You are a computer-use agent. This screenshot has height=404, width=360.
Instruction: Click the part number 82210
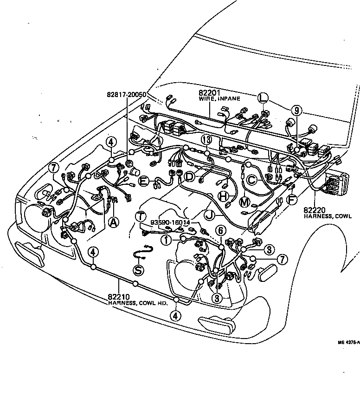pos(118,297)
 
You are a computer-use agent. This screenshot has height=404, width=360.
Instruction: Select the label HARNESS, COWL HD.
pos(137,303)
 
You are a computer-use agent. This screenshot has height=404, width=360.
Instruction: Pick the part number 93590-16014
pos(170,223)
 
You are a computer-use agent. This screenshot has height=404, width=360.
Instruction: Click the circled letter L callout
pos(263,98)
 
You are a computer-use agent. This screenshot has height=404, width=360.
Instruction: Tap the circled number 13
pos(206,141)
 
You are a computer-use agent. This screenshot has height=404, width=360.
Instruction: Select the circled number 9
pos(296,110)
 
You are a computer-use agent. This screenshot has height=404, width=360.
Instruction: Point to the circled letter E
pos(144,182)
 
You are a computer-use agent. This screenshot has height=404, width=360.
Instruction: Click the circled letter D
pos(189,176)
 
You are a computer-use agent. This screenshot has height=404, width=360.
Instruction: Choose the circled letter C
pos(251,180)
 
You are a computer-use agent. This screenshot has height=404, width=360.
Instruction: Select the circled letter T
pos(141,216)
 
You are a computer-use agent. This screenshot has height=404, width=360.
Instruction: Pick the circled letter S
pos(139,270)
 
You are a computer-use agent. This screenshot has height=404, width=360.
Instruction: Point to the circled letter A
pos(113,222)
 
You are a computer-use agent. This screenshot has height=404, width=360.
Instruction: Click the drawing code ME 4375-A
pos(348,342)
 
